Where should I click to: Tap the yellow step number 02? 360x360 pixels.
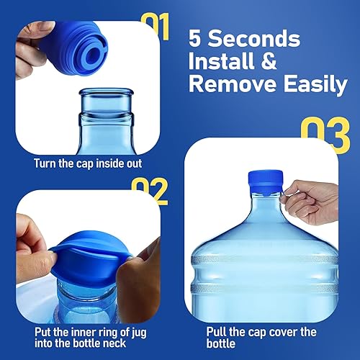(149, 190)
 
